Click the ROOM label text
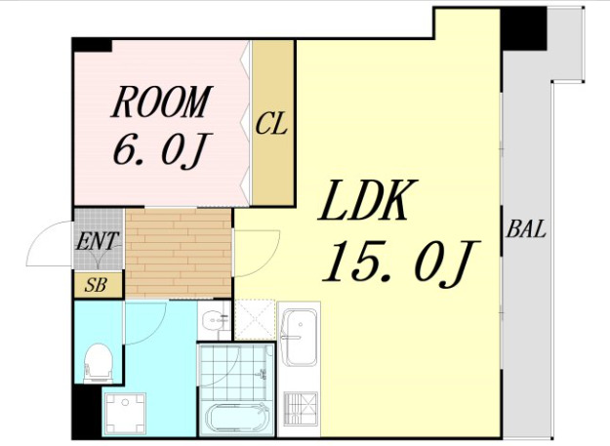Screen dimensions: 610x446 click(x=162, y=101)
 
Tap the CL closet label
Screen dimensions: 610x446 click(x=271, y=123)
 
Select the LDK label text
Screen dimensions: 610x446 click(x=368, y=200)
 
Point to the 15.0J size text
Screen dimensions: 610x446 click(x=401, y=262)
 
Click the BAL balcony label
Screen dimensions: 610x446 click(x=526, y=229)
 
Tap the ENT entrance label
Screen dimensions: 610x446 click(x=97, y=241)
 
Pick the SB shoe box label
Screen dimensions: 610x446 click(x=96, y=285)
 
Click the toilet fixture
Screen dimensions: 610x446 click(x=99, y=363)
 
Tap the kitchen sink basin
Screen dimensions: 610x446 click(x=299, y=337)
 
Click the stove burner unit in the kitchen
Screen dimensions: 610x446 click(x=301, y=408)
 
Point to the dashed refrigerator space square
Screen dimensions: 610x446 click(x=255, y=320)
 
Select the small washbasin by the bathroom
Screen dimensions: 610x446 click(x=215, y=320)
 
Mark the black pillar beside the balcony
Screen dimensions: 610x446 click(x=524, y=29)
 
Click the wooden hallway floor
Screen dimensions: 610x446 click(x=179, y=254)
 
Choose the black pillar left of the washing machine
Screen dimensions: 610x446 click(x=87, y=412)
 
